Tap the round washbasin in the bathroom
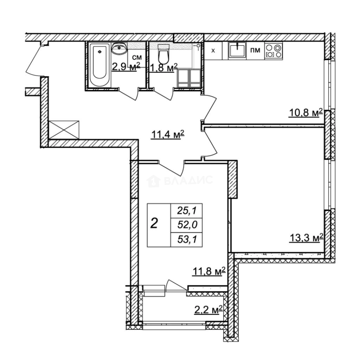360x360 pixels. (x=119, y=50)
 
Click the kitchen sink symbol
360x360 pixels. (x=238, y=51)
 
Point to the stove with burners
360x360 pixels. (x=274, y=51)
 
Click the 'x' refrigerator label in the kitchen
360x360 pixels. (x=214, y=51)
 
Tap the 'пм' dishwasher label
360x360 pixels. (x=256, y=51)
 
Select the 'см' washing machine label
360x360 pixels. (x=137, y=58)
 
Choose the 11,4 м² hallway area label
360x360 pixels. (x=167, y=135)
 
